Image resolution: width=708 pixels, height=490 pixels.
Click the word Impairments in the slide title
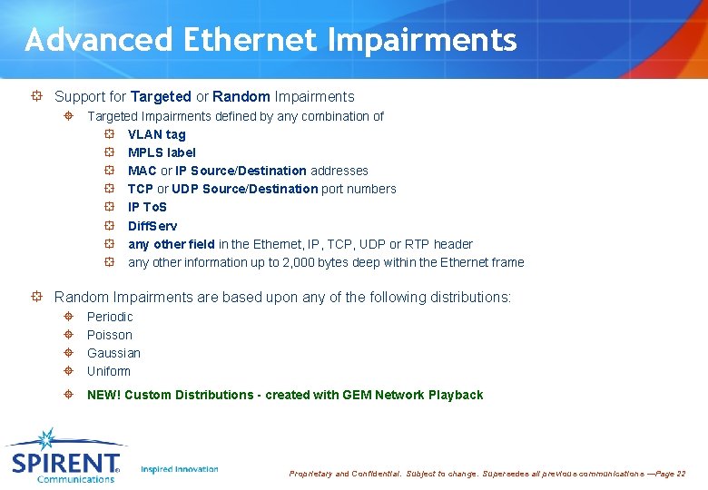[422, 40]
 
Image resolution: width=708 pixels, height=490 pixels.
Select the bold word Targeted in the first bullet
[161, 96]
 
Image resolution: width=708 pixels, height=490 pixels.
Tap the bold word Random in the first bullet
[241, 96]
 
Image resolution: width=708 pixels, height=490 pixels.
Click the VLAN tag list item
[156, 134]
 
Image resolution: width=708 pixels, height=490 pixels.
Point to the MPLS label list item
[162, 152]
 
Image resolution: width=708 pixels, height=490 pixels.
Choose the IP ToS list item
[147, 207]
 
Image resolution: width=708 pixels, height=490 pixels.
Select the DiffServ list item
[152, 226]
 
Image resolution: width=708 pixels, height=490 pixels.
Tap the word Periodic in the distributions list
[110, 317]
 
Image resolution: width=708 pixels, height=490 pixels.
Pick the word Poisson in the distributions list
[109, 335]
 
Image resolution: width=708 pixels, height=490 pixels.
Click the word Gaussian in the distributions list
[113, 353]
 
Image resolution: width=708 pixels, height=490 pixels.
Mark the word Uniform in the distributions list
[108, 371]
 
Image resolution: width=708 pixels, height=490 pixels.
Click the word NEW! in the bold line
[103, 395]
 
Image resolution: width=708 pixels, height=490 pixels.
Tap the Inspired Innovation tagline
[180, 469]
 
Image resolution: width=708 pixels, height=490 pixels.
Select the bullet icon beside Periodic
[69, 317]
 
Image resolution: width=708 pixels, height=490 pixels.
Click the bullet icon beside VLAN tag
[108, 134]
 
